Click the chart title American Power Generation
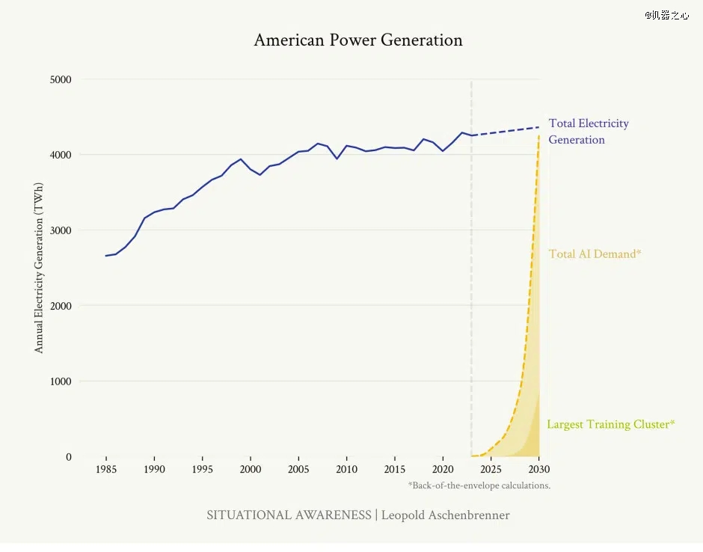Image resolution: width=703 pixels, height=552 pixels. click(x=357, y=40)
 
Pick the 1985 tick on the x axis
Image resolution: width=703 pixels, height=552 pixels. click(x=106, y=470)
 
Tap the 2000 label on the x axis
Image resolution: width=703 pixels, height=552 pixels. click(x=251, y=470)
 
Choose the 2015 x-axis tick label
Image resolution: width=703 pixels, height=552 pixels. click(x=395, y=470)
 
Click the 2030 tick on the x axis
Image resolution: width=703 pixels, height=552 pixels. click(x=538, y=470)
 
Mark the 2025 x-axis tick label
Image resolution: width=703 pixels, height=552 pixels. click(x=491, y=470)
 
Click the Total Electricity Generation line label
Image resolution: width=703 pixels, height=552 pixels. click(x=588, y=132)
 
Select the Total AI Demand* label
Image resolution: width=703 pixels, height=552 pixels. click(x=595, y=254)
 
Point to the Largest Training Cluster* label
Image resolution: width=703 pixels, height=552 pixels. click(x=610, y=425)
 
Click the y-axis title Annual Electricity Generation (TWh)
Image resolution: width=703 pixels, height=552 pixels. click(x=40, y=268)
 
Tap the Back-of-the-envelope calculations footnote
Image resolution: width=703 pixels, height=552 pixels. click(x=479, y=485)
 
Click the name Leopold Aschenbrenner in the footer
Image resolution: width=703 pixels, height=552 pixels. click(x=446, y=515)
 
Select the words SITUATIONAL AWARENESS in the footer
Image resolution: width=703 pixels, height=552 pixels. click(x=289, y=515)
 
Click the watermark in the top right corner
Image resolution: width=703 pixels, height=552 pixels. click(x=666, y=15)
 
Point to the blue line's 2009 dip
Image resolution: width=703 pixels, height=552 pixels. click(x=337, y=159)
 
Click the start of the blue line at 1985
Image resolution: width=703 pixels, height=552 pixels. click(x=106, y=256)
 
